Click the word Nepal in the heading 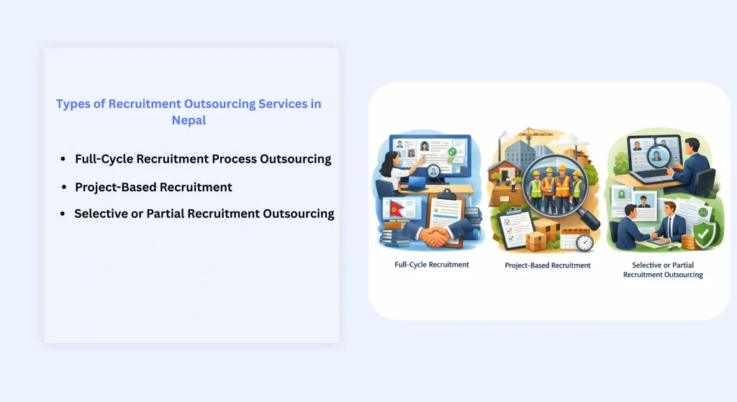click(189, 120)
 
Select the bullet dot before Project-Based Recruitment click(64, 187)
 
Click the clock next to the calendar click(584, 243)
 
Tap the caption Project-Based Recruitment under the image click(548, 265)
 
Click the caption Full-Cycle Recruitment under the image click(432, 265)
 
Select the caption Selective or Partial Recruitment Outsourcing click(663, 270)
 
